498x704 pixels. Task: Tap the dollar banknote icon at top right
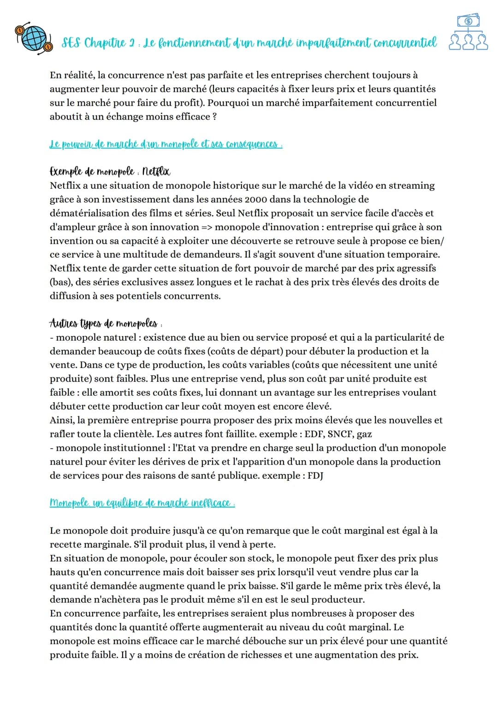468,21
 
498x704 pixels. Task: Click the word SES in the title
71,43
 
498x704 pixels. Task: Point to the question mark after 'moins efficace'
214,117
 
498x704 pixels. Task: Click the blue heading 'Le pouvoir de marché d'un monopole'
165,144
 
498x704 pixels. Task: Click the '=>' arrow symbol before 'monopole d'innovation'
206,227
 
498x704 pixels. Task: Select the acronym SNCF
341,434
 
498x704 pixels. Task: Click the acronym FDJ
315,476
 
